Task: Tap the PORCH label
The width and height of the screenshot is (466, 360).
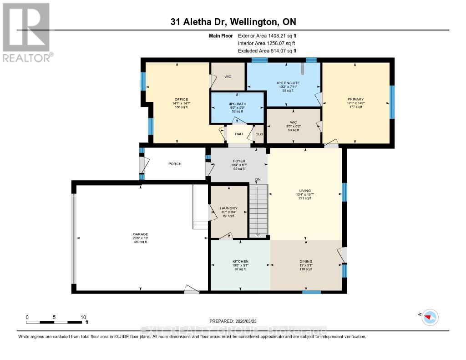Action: coord(175,164)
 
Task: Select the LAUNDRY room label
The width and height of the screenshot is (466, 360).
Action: coord(228,208)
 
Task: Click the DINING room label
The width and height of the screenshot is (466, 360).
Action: coord(306,261)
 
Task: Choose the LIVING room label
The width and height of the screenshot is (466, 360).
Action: coord(305,191)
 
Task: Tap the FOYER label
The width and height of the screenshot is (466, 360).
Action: coord(239,161)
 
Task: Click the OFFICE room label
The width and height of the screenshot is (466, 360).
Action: coord(181,100)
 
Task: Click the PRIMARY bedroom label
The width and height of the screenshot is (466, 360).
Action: coord(356,99)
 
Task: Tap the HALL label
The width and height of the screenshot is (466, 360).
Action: coord(239,134)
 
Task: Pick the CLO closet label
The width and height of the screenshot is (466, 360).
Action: coord(259,134)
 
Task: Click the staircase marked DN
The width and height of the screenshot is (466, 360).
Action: coord(258,209)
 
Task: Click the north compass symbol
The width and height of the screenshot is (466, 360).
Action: coord(430,317)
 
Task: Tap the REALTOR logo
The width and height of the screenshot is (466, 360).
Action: coord(26,32)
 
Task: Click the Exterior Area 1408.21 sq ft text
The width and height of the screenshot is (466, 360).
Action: coord(268,35)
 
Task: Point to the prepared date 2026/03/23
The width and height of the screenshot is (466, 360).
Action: coord(233,321)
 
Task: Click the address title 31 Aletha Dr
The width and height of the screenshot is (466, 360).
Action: coord(233,22)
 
